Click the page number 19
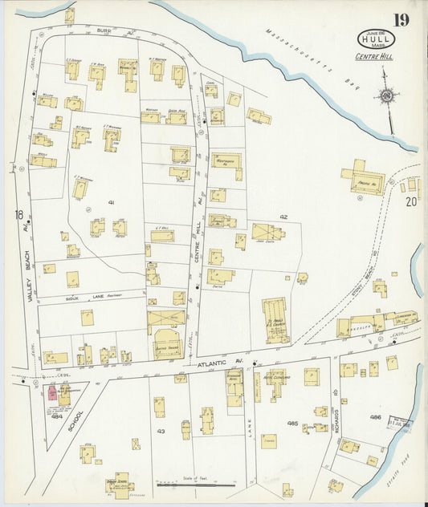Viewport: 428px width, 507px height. pyautogui.click(x=399, y=19)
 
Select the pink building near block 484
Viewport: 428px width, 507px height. pyautogui.click(x=51, y=392)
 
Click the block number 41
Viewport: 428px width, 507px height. pyautogui.click(x=112, y=204)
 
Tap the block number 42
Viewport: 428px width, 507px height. pyautogui.click(x=283, y=217)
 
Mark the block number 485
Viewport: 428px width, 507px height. pyautogui.click(x=292, y=423)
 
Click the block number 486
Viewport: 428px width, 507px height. pyautogui.click(x=375, y=418)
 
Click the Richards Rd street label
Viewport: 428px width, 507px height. pyautogui.click(x=338, y=417)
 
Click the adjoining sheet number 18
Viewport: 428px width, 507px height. pyautogui.click(x=18, y=214)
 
